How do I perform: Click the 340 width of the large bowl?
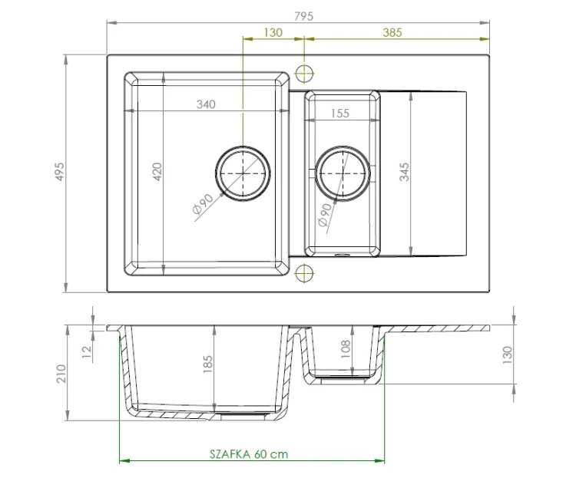pos(205,104)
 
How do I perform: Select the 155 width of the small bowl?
pos(339,114)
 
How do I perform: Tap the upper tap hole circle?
pos(305,74)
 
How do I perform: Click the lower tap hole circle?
pos(305,272)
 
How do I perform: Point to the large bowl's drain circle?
pos(243,172)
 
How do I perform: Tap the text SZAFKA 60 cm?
pos(248,453)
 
